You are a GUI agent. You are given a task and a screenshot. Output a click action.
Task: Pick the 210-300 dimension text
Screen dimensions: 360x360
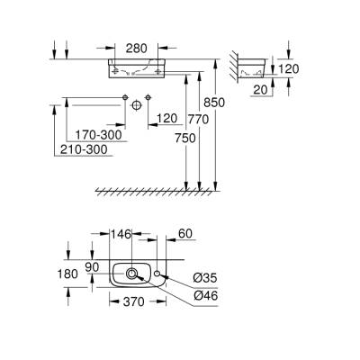click(86, 149)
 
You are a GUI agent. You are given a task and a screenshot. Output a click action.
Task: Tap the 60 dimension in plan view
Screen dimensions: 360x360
click(184, 234)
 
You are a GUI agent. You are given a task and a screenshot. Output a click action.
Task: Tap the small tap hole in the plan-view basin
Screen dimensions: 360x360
click(157, 270)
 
